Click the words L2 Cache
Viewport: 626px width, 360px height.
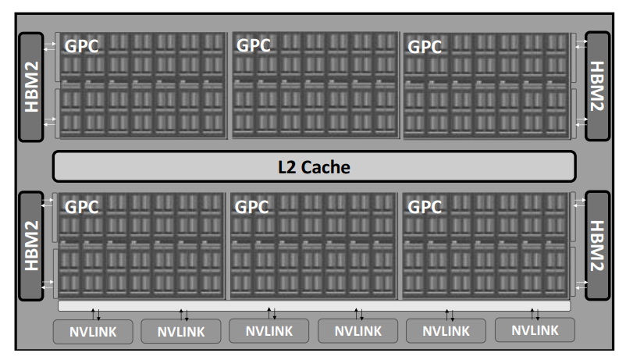pos(314,167)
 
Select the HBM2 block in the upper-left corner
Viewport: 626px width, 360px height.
pos(31,87)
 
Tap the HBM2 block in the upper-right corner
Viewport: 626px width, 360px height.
pos(597,86)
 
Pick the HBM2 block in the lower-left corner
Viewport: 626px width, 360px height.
pos(31,246)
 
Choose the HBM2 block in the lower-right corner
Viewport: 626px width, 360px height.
pos(597,245)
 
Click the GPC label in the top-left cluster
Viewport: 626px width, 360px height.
pos(81,46)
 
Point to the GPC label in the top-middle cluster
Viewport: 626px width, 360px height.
pos(254,45)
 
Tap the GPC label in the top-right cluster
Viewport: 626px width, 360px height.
pos(425,47)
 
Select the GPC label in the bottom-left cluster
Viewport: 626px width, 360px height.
pos(81,207)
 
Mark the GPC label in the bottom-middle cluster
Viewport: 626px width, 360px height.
pos(251,207)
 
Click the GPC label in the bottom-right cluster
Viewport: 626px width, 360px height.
pos(425,207)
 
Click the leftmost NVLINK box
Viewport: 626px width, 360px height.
pos(93,332)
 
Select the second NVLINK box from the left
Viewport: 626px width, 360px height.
pos(181,331)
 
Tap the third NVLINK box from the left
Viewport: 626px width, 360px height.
pos(269,331)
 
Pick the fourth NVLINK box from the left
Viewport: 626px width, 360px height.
pos(357,331)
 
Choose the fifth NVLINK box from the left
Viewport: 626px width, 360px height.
pos(446,331)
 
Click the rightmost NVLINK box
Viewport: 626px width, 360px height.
pos(535,330)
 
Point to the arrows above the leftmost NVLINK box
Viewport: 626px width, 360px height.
pos(96,315)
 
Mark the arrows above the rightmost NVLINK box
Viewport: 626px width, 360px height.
pos(535,314)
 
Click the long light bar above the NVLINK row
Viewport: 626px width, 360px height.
pos(315,305)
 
